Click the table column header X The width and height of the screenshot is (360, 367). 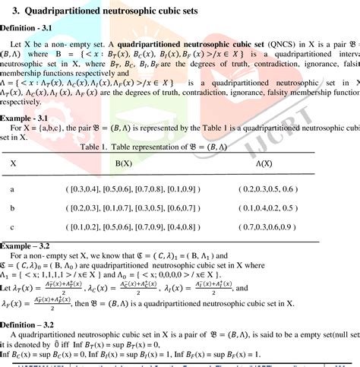tap(13, 163)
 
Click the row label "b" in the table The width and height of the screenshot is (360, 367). tap(12, 207)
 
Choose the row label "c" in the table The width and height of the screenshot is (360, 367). tap(12, 227)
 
